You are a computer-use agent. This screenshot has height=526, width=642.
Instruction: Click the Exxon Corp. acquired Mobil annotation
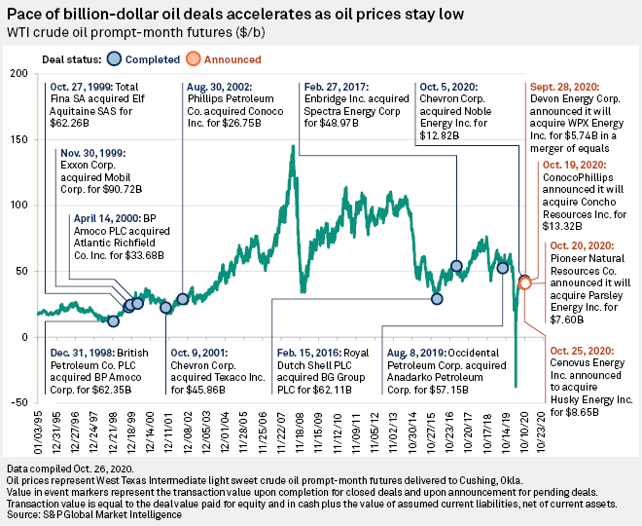coord(91,168)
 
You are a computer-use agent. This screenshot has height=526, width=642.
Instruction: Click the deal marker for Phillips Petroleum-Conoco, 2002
coord(182,299)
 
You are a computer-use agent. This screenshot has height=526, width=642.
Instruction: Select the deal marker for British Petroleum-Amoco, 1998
coord(113,320)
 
